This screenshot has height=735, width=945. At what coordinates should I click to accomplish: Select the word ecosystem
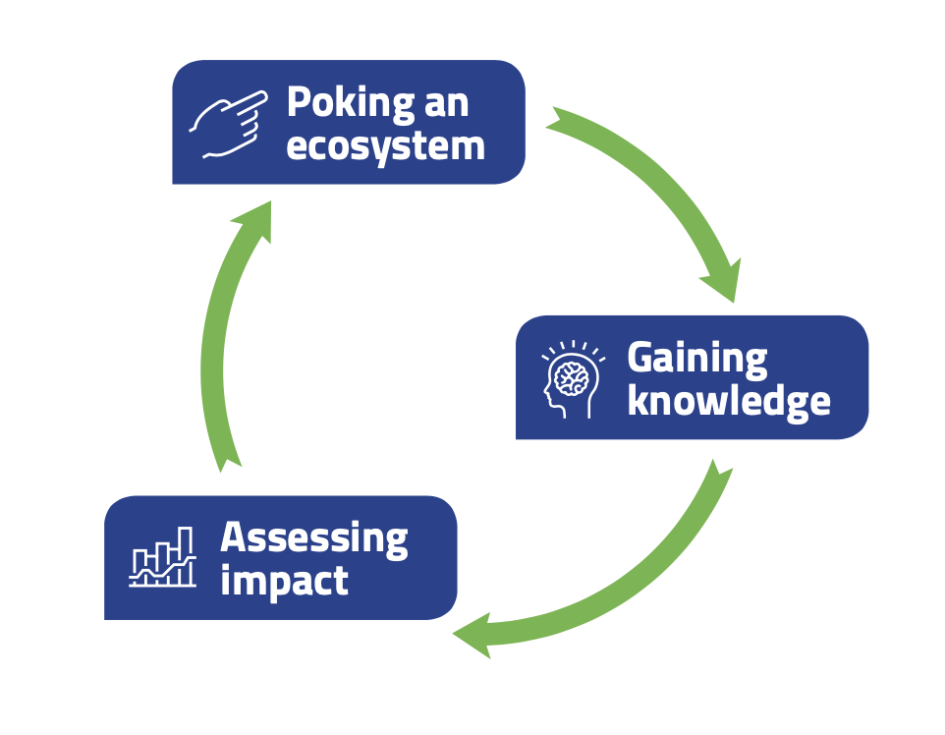[385, 147]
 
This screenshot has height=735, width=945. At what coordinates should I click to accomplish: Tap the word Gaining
[696, 359]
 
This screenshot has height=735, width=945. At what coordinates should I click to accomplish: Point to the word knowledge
[728, 401]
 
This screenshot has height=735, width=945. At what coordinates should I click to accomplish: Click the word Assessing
[313, 538]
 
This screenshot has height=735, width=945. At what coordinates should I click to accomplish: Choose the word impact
[284, 581]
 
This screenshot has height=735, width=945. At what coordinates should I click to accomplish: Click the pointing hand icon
[228, 123]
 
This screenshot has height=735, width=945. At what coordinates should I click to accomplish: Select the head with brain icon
[572, 378]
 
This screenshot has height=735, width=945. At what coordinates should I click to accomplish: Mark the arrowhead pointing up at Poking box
[253, 222]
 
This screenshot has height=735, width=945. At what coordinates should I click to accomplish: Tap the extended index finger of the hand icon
[252, 99]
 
